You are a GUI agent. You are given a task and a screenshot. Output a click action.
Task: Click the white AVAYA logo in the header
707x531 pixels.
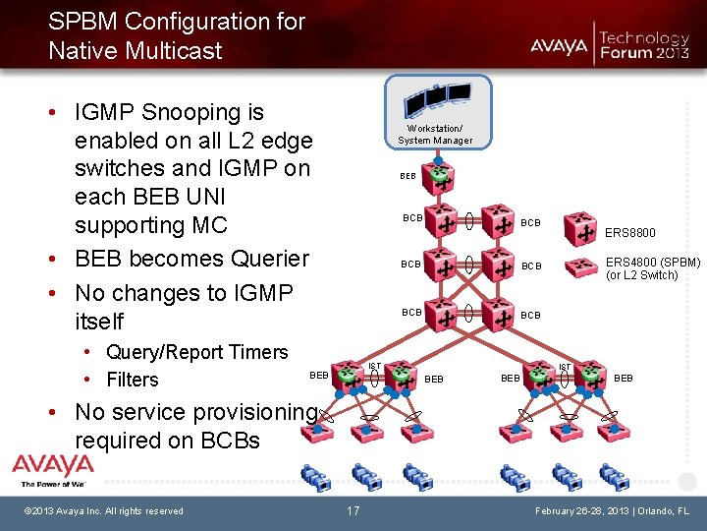click(559, 45)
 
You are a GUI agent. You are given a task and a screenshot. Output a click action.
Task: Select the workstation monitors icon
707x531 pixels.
click(438, 98)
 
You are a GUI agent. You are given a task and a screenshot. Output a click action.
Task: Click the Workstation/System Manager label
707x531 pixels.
click(435, 134)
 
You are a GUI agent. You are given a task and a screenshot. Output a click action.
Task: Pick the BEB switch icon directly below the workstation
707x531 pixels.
click(442, 179)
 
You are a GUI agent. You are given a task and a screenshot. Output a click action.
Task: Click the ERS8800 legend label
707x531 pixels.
click(629, 233)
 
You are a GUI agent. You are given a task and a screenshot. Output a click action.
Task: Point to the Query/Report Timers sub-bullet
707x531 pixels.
click(196, 352)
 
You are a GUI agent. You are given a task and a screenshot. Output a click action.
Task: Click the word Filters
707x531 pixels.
click(133, 380)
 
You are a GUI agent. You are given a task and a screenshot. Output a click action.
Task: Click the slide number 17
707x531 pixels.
click(353, 510)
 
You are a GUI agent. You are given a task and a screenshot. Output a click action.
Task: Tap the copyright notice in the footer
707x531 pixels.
click(104, 510)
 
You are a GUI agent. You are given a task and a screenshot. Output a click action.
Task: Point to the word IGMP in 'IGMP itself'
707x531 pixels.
click(258, 293)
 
